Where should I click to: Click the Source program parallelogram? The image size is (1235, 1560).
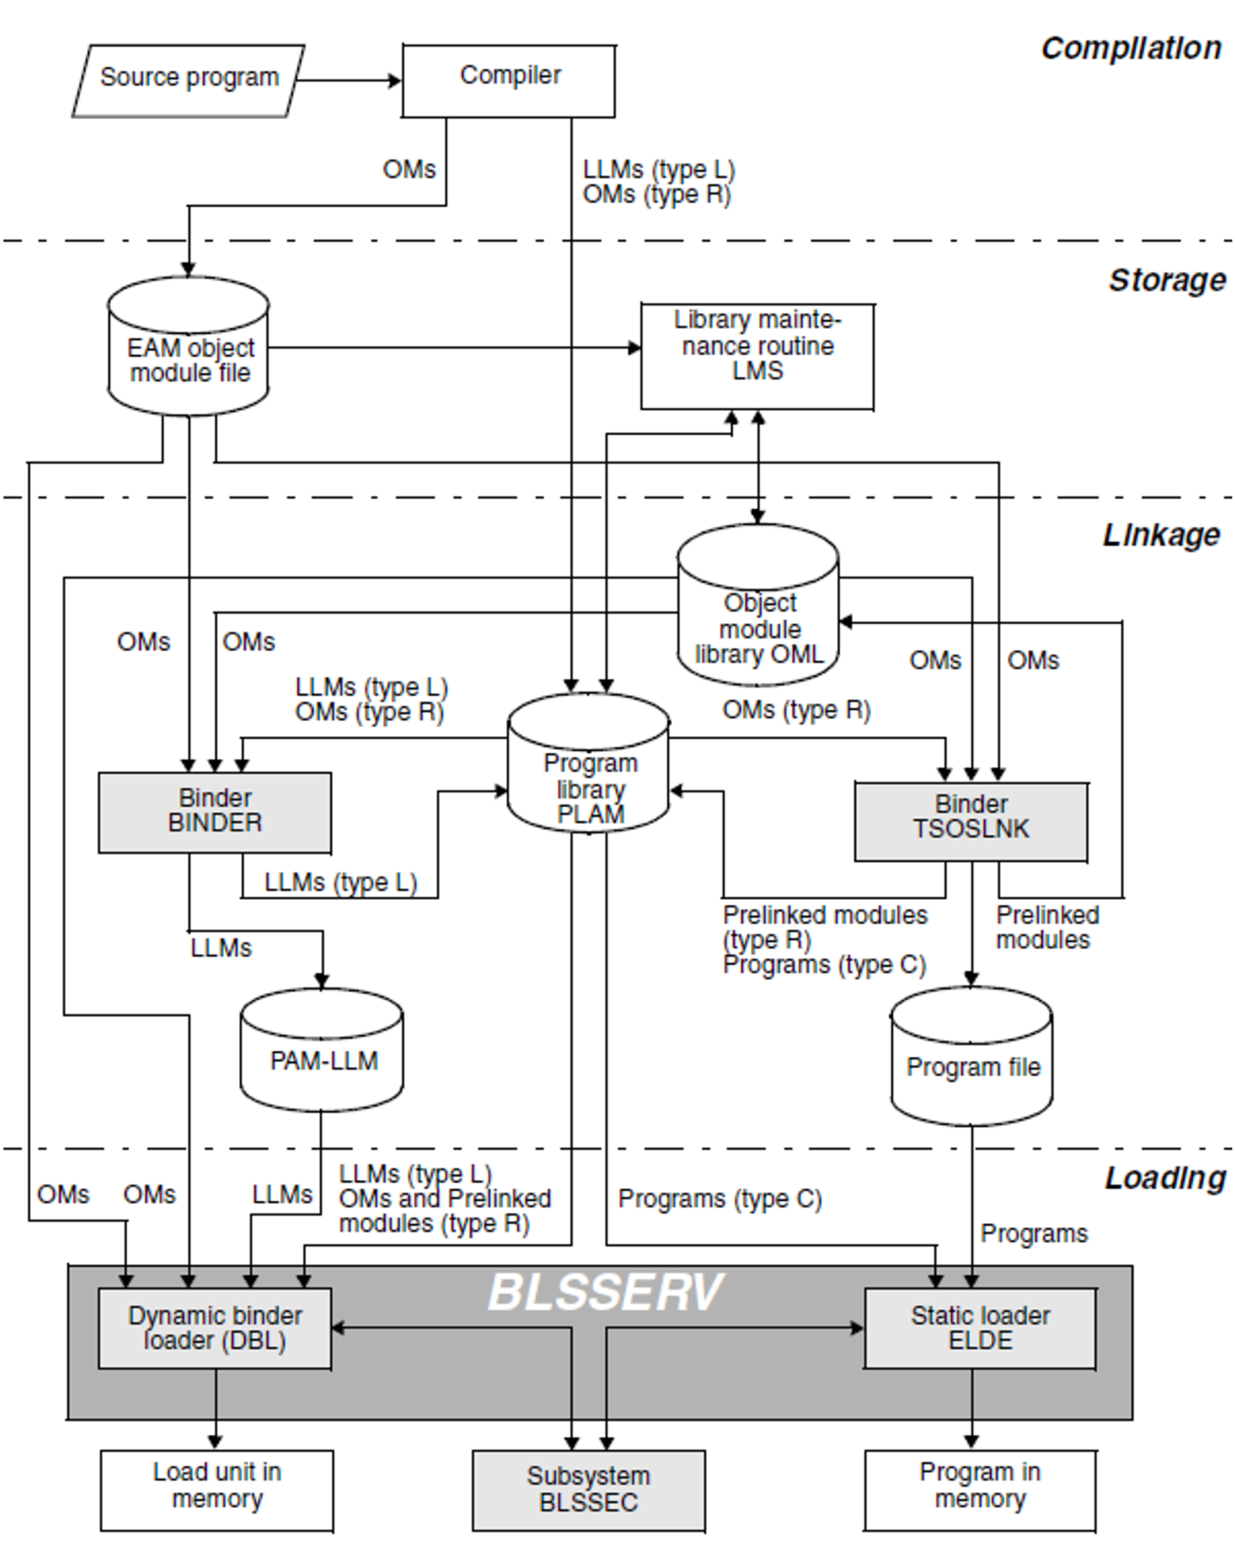188,79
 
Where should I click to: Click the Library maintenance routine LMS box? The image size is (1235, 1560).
757,355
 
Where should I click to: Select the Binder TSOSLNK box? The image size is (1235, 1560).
971,820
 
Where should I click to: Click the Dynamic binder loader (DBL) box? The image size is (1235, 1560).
215,1328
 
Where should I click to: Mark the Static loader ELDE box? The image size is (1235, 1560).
980,1328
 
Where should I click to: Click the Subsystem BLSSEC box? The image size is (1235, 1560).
588,1490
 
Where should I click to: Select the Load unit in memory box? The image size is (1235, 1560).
217,1490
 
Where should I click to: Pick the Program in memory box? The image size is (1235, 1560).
980,1490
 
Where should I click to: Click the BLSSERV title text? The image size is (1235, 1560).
606,1292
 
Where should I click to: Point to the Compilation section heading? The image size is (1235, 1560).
1131,49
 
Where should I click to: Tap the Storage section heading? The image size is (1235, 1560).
1167,281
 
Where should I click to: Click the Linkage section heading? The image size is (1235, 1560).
1161,535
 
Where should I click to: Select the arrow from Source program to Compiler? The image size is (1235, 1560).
347,80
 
